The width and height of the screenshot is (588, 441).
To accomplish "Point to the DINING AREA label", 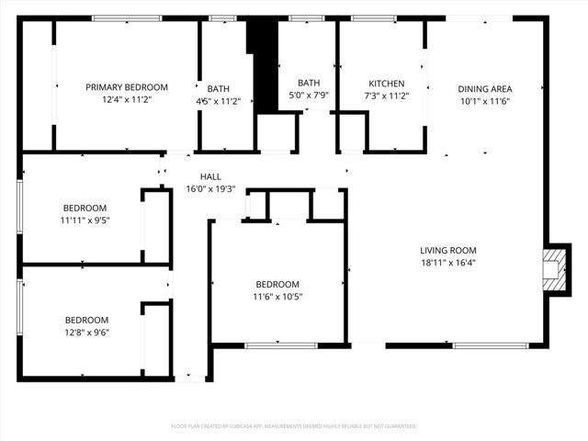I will [483, 89].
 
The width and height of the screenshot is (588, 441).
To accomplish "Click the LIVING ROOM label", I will [448, 250].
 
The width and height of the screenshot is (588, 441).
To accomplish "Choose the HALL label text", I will [211, 176].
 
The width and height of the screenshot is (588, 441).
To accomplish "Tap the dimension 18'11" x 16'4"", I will [448, 262].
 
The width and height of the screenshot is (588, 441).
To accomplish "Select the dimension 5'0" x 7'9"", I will [309, 95].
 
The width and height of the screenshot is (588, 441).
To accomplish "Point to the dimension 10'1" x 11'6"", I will [483, 101].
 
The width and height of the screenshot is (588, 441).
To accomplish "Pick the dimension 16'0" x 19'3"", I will [211, 188].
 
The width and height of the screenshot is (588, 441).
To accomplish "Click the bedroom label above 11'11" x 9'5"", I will [85, 208].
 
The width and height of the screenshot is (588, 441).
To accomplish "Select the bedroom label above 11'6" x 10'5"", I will [277, 284].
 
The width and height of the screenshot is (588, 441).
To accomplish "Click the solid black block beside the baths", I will [263, 64].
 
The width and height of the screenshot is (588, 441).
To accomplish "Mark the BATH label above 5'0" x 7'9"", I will [309, 83].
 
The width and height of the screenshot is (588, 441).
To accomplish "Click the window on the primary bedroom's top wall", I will [120, 18].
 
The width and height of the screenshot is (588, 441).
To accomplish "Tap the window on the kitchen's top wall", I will [367, 18].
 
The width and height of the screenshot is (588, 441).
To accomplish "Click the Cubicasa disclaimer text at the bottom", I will [294, 426].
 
